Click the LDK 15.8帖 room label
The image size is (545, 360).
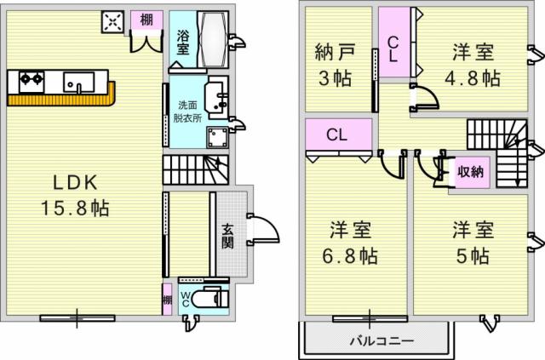[x=75, y=195]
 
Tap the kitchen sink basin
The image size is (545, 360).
[x=79, y=82]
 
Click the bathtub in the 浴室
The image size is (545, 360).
[x=213, y=38]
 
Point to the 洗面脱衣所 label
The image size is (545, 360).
[x=187, y=111]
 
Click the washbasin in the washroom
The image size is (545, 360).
[x=216, y=97]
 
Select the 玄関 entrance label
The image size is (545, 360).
[x=228, y=237]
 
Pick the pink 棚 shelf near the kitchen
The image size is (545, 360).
[x=146, y=20]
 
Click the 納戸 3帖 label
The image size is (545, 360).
[x=335, y=65]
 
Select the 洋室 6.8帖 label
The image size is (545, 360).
[x=350, y=243]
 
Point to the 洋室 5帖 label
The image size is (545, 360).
[x=473, y=243]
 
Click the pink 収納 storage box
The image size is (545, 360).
[x=470, y=171]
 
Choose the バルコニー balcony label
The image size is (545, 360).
[x=381, y=340]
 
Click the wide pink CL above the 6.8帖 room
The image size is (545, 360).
[x=339, y=134]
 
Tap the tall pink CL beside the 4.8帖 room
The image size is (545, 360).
[x=394, y=43]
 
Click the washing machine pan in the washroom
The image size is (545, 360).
[x=218, y=137]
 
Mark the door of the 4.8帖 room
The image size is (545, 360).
[x=426, y=96]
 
